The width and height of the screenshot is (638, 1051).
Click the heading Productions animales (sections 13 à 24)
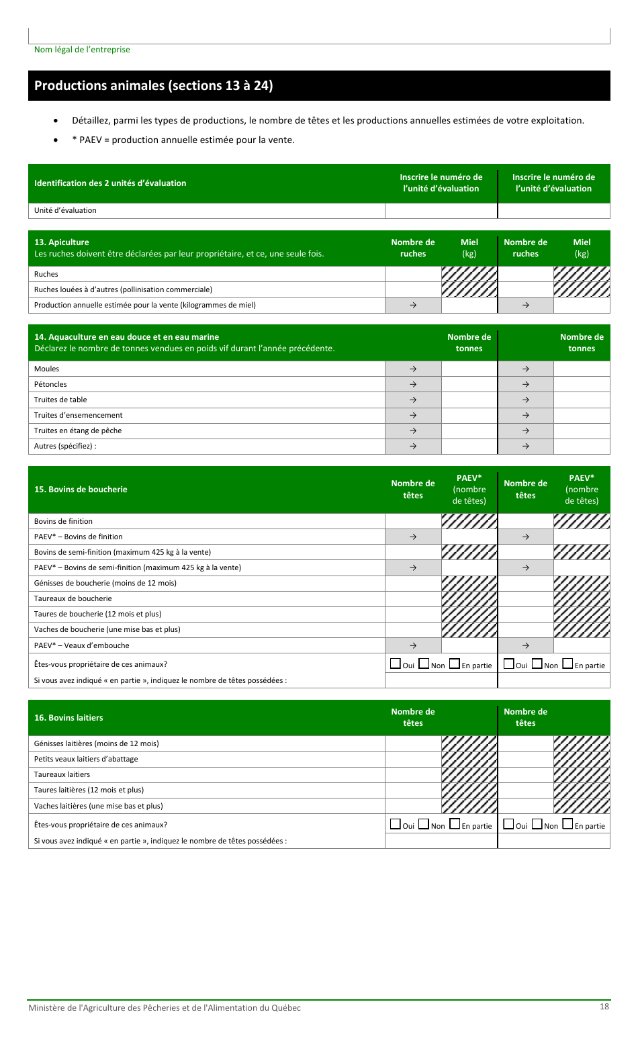coord(153,85)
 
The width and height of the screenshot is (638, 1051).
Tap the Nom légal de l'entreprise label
coord(82,50)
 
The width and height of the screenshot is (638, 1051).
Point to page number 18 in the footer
coord(604,1006)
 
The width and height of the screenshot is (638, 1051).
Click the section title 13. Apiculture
coord(62,242)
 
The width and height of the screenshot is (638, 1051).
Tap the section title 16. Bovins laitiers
coord(69,718)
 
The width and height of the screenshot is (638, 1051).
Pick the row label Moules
coord(46,369)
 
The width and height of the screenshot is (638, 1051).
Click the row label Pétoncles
coord(50,384)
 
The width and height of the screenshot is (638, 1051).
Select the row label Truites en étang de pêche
coord(78,430)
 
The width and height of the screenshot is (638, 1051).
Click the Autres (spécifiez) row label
coord(65,446)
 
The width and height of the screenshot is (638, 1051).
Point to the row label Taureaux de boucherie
coord(73,598)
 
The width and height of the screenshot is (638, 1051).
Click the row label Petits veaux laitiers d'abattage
coord(86,759)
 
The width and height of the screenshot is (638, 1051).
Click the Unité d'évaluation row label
coord(65,210)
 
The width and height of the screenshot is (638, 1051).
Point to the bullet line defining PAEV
coord(183,140)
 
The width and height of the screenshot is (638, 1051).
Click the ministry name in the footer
coord(164,1007)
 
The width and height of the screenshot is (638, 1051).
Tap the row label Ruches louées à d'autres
coord(123,289)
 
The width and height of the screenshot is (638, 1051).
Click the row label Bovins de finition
coord(63,521)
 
